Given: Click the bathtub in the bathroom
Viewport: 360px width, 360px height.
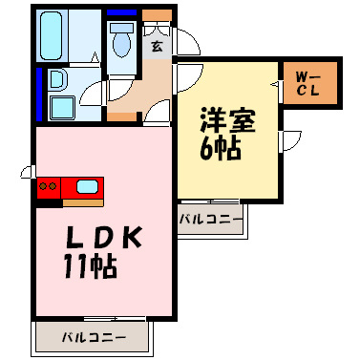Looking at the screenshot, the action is click(x=51, y=35).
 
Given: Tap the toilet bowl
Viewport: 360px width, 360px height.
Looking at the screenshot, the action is click(x=121, y=40).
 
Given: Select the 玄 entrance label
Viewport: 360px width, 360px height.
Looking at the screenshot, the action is click(x=157, y=46).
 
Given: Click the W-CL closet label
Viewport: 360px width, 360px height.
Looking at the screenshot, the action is click(x=307, y=83).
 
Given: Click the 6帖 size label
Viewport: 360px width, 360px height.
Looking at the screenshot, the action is click(x=221, y=149).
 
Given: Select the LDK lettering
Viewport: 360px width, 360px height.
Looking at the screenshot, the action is click(x=104, y=238).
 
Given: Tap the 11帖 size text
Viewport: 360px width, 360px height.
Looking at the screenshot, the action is click(x=91, y=266).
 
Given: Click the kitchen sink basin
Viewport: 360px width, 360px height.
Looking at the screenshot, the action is click(x=87, y=187).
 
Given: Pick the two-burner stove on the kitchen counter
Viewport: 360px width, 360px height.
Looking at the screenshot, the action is click(x=49, y=186).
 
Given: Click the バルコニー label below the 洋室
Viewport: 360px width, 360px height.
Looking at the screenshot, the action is click(x=210, y=220).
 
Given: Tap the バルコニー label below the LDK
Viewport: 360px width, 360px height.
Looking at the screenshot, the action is click(x=94, y=337).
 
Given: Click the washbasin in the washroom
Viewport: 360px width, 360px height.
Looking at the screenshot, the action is click(x=58, y=79).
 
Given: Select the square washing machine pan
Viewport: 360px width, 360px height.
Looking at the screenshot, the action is click(x=62, y=108).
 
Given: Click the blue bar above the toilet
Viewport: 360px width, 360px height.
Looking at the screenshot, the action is click(x=121, y=12).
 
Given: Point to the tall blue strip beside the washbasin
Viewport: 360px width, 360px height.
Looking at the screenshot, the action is click(x=39, y=95).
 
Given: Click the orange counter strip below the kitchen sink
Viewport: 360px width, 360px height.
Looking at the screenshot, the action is click(x=83, y=202).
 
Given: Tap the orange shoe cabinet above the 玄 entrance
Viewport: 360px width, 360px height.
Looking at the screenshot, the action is click(x=158, y=15).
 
